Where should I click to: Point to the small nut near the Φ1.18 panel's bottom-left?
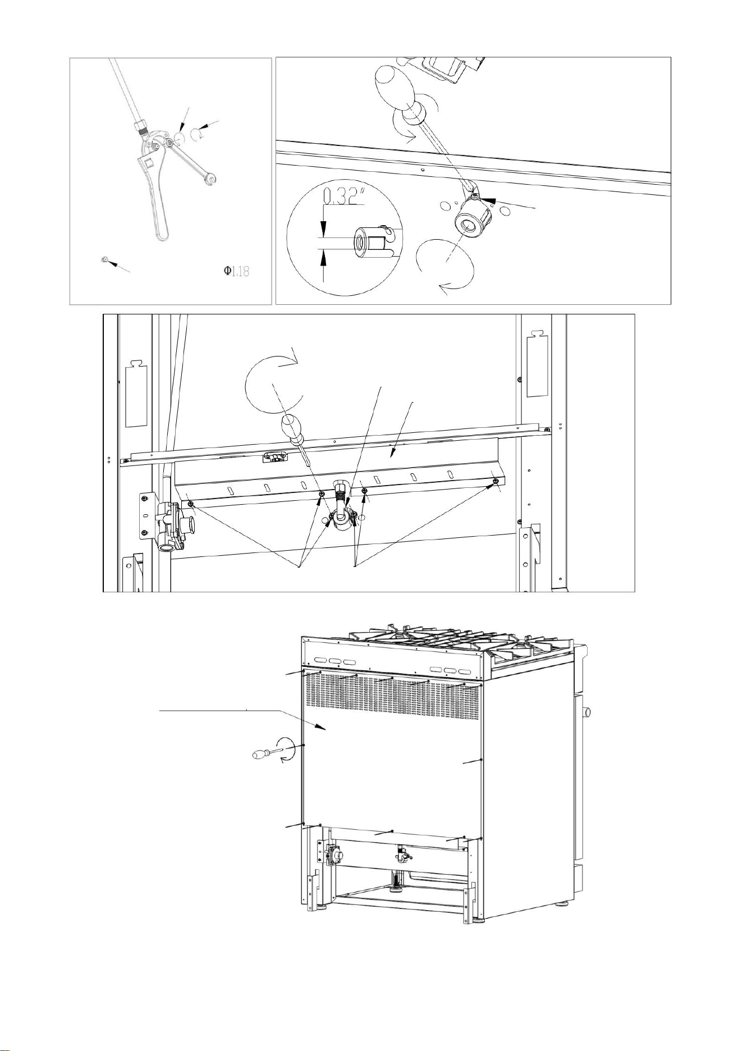[104, 259]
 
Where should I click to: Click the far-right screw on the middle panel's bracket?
[496, 481]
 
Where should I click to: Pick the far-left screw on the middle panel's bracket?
[191, 504]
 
